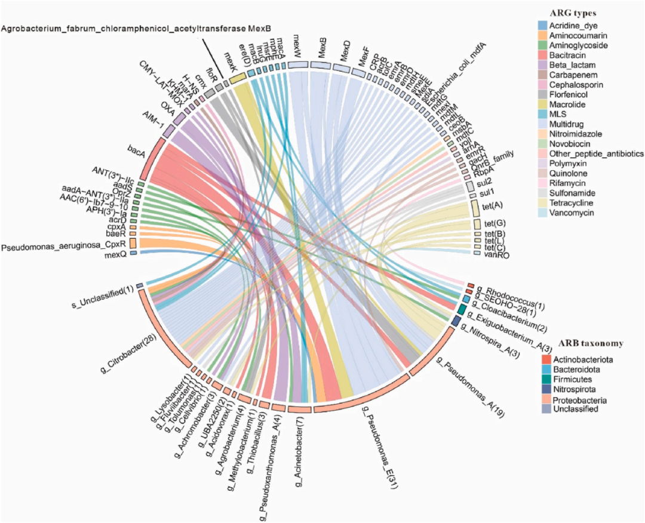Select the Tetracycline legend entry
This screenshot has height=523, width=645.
click(574, 204)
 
